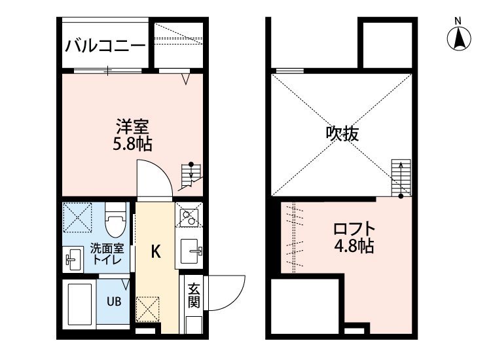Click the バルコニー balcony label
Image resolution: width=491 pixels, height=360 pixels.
coord(105,46)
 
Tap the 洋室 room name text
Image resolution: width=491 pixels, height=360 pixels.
coord(132,127)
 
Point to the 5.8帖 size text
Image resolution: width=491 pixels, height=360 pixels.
coord(132,144)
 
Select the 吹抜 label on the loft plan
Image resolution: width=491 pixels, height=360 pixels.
coord(342,134)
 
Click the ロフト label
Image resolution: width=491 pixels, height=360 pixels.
coord(354,228)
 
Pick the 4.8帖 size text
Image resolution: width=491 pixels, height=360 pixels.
coord(354,245)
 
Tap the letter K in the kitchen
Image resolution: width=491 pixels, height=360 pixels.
coord(156,252)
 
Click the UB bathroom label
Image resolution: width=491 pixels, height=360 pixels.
coord(114,302)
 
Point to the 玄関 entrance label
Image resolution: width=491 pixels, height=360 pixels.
coord(194,295)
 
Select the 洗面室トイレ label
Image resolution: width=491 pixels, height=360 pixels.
coord(107,254)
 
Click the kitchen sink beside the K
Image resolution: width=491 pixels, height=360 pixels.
coord(191,251)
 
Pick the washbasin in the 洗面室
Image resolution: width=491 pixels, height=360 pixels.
coord(73,259)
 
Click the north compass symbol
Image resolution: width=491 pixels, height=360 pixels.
coord(459,38)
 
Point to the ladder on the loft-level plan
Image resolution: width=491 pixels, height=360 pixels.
coord(401,178)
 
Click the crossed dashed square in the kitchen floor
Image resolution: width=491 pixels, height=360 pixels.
coord(147,310)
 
